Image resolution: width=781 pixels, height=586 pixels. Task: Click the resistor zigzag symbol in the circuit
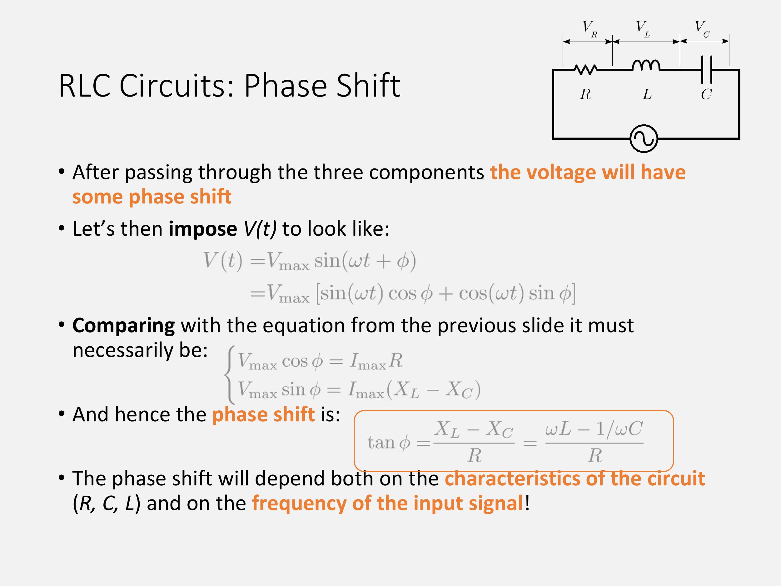coord(586,69)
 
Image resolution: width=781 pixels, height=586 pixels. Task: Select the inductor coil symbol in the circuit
coord(645,65)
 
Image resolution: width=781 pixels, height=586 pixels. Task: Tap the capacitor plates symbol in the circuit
coord(707,69)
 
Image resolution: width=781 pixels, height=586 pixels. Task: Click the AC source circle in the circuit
coord(644,138)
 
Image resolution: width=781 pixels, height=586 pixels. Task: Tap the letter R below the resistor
coord(585,94)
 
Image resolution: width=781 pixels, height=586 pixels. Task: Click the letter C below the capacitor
coord(706,94)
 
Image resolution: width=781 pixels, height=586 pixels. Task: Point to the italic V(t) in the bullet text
coord(260,229)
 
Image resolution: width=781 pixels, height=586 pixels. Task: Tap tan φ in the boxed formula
coord(388,443)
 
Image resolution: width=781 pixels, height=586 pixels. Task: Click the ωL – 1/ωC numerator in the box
coord(594,429)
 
